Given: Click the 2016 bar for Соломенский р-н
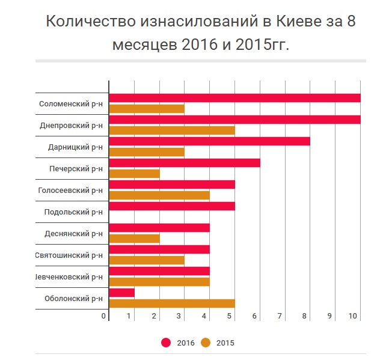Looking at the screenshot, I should (x=234, y=98).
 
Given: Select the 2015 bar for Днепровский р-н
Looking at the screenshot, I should (x=171, y=130).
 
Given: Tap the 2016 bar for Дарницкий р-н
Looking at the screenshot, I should (x=209, y=141).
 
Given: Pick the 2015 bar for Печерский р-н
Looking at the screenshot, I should (x=134, y=174).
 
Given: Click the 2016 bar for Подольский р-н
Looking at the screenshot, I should (x=171, y=206).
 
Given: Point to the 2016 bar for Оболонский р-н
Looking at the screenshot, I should (x=121, y=293).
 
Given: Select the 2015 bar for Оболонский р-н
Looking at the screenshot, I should (x=171, y=304).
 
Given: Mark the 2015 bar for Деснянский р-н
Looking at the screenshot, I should (x=134, y=239).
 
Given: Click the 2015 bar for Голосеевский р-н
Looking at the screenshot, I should (x=159, y=195).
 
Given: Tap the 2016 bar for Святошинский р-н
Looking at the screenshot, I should (x=159, y=249).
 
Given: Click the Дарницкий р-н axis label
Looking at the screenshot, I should (x=75, y=147).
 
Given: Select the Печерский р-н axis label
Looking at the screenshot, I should (x=76, y=169).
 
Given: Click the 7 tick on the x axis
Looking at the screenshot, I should (x=280, y=316).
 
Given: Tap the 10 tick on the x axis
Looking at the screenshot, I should (x=353, y=316).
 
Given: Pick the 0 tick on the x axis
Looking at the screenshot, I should (x=104, y=316).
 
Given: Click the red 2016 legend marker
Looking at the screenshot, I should (x=166, y=343).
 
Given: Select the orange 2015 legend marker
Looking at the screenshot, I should (x=206, y=343).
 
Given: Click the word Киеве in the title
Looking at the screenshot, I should (x=286, y=22).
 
